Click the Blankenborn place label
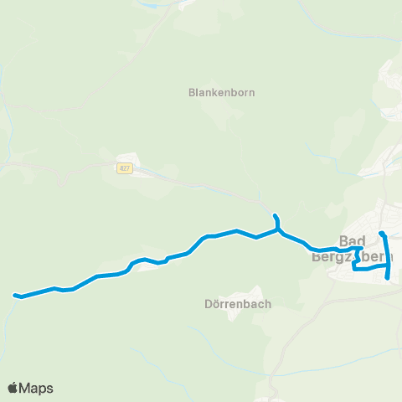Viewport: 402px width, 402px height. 221,93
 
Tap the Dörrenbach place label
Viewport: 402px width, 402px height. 238,304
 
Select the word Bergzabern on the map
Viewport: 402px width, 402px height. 352,256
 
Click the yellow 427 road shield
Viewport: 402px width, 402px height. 124,167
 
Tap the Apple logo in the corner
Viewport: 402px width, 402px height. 13,388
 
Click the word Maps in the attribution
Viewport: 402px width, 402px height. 37,388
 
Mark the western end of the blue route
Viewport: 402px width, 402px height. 14,294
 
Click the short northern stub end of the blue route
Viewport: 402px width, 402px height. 275,215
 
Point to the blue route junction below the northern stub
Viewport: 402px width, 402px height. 278,229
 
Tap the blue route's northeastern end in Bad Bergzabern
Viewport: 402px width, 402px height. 382,233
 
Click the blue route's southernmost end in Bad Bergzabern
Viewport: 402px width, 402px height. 388,278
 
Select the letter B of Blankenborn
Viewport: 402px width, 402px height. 192,93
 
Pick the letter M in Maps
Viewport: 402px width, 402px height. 27,388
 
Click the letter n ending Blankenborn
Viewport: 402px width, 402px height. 251,93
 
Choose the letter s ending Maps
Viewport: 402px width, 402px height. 49,389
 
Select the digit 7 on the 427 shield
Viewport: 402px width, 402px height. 126,167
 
